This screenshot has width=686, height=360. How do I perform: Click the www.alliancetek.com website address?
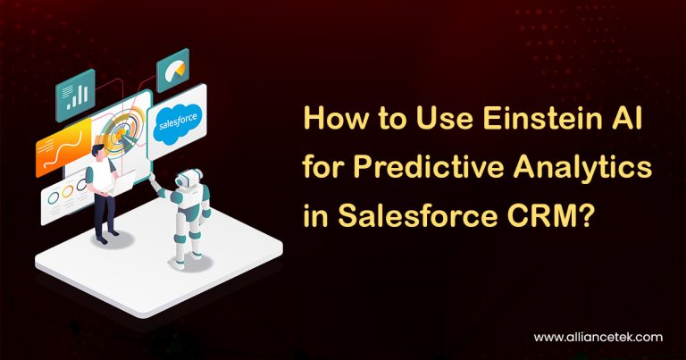tap(598, 338)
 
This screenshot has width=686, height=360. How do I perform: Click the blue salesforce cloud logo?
tap(178, 123)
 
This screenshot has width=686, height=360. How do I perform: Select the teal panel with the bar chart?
tap(76, 95)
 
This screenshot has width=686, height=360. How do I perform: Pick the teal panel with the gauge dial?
tap(172, 70)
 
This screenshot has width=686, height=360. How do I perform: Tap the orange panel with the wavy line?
tap(63, 147)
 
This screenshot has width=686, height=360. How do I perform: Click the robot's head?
tap(187, 179)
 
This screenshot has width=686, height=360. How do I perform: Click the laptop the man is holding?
tap(122, 181)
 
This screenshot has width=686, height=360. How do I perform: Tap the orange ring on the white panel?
tap(67, 191)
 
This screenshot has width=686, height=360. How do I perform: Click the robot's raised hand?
tap(152, 177)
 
